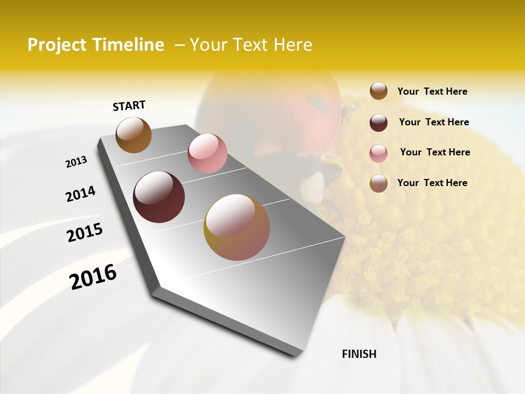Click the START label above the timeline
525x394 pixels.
point(129,106)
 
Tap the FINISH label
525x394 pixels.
point(359,354)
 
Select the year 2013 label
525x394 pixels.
point(77,162)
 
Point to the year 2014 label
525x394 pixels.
point(80,194)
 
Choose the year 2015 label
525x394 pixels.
point(85,233)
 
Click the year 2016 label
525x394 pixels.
point(93,276)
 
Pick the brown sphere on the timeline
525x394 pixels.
point(133,135)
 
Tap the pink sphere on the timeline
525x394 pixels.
point(207,153)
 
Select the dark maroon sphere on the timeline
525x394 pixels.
point(159,197)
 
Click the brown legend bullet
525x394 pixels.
point(378,91)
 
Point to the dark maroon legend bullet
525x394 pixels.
point(378,123)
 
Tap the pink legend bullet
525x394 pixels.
point(378,153)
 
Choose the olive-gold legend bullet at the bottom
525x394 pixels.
point(378,183)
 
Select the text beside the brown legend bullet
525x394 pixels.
point(432,91)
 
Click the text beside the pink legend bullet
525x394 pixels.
point(435,152)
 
